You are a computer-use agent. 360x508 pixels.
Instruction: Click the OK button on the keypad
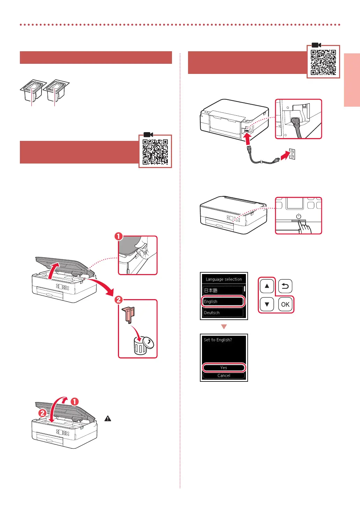tap(285, 304)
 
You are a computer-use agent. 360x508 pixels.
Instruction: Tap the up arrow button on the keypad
tap(267, 286)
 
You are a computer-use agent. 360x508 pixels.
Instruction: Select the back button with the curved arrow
tap(285, 286)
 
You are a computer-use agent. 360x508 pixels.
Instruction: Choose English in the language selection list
tap(223, 301)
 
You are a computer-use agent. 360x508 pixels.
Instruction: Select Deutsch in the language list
tap(223, 313)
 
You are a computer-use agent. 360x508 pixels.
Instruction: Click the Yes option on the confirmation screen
tap(224, 367)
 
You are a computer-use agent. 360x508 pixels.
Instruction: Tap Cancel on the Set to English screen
tap(224, 376)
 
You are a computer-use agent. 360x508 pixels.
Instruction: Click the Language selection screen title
tap(224, 279)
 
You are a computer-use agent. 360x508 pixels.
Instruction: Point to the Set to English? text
tap(218, 340)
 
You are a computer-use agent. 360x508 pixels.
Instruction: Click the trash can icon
tap(141, 347)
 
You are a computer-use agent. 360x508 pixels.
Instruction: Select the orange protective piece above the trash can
tap(128, 314)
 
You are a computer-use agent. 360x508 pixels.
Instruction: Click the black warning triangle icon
tap(108, 418)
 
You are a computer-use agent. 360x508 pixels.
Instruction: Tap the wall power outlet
tap(292, 154)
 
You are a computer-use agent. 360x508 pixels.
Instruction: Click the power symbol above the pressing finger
tap(299, 216)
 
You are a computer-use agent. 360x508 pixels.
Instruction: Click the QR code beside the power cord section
tap(323, 62)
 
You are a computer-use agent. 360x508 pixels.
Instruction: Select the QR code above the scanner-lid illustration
tap(155, 152)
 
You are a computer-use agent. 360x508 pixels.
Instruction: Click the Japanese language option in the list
tap(223, 290)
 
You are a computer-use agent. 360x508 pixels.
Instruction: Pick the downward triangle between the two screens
tap(224, 327)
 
